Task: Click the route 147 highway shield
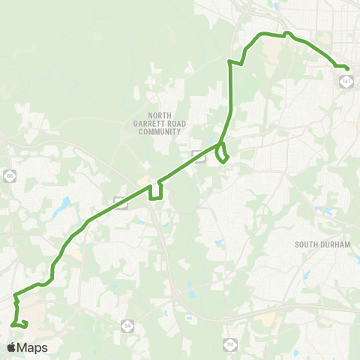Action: [x=346, y=80]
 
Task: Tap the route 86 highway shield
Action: [x=9, y=175]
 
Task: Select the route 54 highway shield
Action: [x=126, y=325]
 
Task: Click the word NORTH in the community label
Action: [x=160, y=95]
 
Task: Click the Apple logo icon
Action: [x=11, y=347]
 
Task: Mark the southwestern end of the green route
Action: [x=13, y=324]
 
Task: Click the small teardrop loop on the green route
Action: [x=222, y=154]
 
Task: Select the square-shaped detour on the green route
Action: [x=156, y=191]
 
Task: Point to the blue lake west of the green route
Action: [x=64, y=204]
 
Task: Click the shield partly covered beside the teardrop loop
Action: [x=199, y=155]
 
